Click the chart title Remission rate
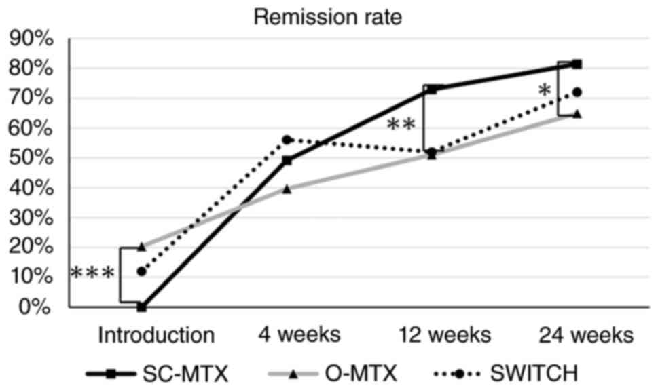coord(328,17)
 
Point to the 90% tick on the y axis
coord(31,39)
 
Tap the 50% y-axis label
coord(31,158)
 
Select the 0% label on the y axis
coord(36,307)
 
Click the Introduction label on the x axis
coord(156,335)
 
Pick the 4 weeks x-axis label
coord(299,335)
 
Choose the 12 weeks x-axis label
coord(444,335)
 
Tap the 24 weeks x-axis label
coord(586,335)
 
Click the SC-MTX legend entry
coord(157,373)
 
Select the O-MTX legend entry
coord(332,373)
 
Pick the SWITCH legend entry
coord(506,373)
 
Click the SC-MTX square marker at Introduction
coord(142,307)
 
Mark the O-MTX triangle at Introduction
coord(142,247)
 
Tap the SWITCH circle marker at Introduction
coord(142,271)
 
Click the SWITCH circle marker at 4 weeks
coord(287,140)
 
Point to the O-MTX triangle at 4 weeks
coord(287,189)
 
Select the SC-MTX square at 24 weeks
coord(577,64)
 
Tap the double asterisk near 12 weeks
coord(401,125)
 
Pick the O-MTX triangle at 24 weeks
coord(577,114)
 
